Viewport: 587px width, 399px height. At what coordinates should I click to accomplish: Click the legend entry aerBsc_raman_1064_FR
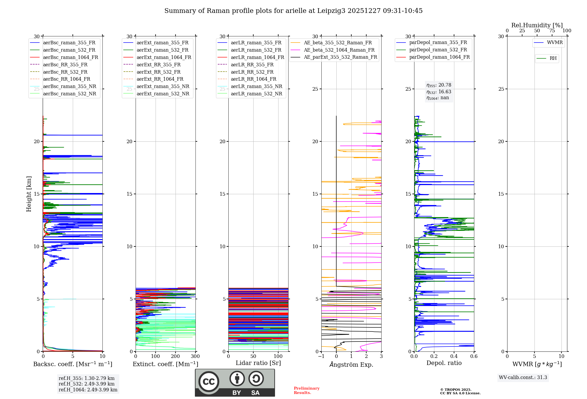pos(70,58)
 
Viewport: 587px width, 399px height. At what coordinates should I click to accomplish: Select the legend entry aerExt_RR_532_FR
pos(158,72)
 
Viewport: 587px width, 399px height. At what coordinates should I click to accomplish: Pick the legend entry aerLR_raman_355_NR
pos(256,87)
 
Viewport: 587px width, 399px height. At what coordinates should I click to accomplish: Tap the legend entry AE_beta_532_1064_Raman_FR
pos(339,50)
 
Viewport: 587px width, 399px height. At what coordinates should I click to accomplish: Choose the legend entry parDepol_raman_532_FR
pos(438,50)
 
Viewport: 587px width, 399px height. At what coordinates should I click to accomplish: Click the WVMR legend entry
pos(555,43)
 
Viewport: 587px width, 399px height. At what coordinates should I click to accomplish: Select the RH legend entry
pos(553,58)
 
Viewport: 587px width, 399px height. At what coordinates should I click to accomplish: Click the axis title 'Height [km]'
pos(29,194)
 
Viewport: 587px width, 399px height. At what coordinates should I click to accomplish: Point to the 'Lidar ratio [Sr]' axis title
pos(258,363)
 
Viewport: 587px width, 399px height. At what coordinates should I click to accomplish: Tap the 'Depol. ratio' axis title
pos(444,363)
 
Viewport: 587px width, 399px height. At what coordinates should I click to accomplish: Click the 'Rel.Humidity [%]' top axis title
pos(537,25)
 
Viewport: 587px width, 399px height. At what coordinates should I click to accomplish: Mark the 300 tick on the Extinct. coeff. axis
pos(195,356)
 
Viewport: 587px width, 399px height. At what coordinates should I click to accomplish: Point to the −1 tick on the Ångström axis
pos(321,356)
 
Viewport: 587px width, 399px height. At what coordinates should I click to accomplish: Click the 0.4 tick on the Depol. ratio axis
pos(454,356)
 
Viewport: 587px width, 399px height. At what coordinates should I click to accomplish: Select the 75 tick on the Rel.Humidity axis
pos(552,31)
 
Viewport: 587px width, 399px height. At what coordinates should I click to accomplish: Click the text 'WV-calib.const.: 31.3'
pos(523,378)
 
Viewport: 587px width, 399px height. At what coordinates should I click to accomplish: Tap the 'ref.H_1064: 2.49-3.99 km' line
pos(88,390)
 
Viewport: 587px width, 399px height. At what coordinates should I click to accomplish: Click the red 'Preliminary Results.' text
pos(306,390)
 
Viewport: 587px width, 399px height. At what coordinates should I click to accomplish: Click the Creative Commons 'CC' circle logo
pos(209,382)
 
